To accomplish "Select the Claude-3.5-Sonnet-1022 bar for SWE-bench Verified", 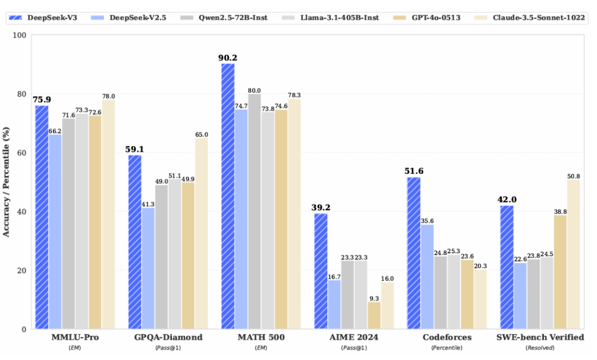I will (574, 254).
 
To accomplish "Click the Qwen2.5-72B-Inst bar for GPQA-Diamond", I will (161, 257).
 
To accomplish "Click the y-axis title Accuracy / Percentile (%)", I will (7, 181).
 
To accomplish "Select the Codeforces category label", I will (447, 337).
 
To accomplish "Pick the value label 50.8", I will (574, 176).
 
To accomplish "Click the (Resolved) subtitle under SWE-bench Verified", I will (540, 347).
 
